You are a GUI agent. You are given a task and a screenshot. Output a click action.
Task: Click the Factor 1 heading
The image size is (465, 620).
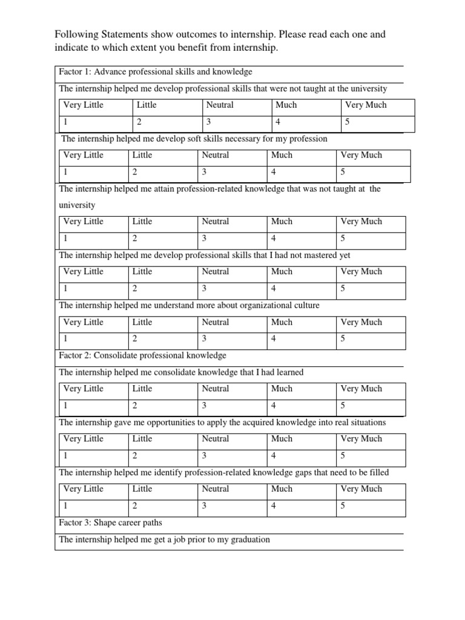pos(155,72)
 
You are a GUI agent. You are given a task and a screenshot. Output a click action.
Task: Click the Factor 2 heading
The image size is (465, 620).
pos(142,355)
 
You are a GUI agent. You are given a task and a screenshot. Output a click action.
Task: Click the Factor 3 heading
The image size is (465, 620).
pos(110,523)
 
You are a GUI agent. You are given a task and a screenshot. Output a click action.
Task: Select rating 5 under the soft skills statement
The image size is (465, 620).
pos(343,172)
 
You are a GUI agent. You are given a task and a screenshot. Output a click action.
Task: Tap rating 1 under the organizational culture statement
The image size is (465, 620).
pos(65,339)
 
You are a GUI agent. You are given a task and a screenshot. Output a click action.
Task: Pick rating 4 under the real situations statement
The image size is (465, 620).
pos(274,455)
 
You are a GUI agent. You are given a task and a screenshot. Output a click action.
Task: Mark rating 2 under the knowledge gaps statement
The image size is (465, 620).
pos(135,506)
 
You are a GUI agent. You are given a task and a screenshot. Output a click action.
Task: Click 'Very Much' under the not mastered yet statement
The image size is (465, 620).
pos(361,272)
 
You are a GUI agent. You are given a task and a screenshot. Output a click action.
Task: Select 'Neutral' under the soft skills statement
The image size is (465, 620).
pos(216,155)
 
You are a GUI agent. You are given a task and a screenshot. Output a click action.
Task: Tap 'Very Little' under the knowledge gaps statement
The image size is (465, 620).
pos(84,489)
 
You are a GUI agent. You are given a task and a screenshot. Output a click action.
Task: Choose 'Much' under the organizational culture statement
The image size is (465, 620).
pos(282,322)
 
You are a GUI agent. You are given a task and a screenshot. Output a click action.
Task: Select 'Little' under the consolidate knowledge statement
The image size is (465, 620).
pos(142,389)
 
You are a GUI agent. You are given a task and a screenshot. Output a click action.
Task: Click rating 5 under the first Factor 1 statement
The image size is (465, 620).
pos(347,122)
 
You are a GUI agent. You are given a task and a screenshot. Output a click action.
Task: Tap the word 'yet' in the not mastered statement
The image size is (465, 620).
pos(345,255)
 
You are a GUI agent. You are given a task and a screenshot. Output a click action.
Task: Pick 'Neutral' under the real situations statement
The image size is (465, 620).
pos(216,439)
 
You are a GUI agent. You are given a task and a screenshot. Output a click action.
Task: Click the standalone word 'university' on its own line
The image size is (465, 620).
pos(77,205)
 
